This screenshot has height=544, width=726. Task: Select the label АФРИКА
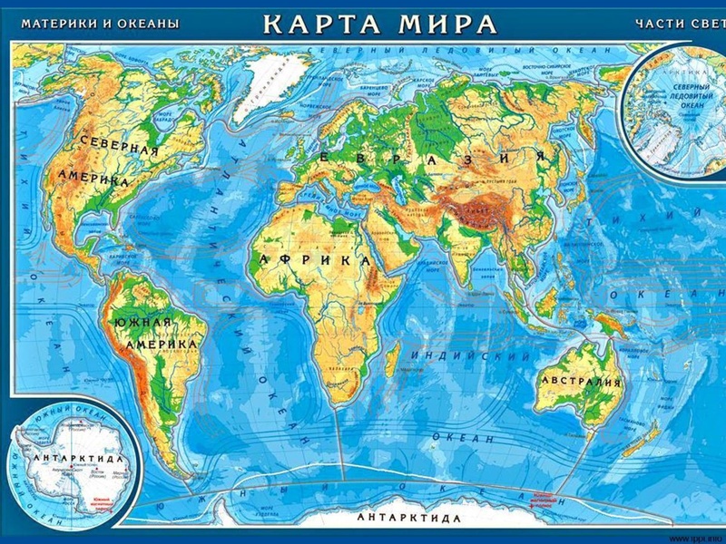click(313, 259)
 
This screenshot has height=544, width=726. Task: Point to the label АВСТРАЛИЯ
click(581, 381)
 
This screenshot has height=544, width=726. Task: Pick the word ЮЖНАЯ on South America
click(142, 324)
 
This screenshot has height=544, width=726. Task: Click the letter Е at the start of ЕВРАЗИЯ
click(319, 157)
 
